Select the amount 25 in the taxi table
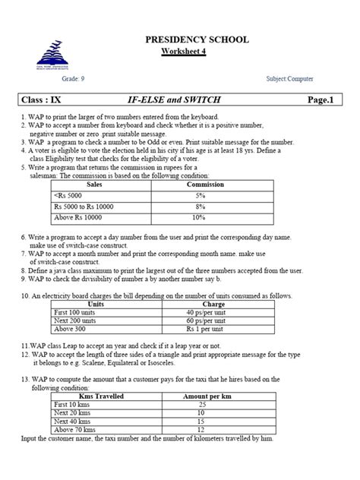pyautogui.click(x=201, y=405)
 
